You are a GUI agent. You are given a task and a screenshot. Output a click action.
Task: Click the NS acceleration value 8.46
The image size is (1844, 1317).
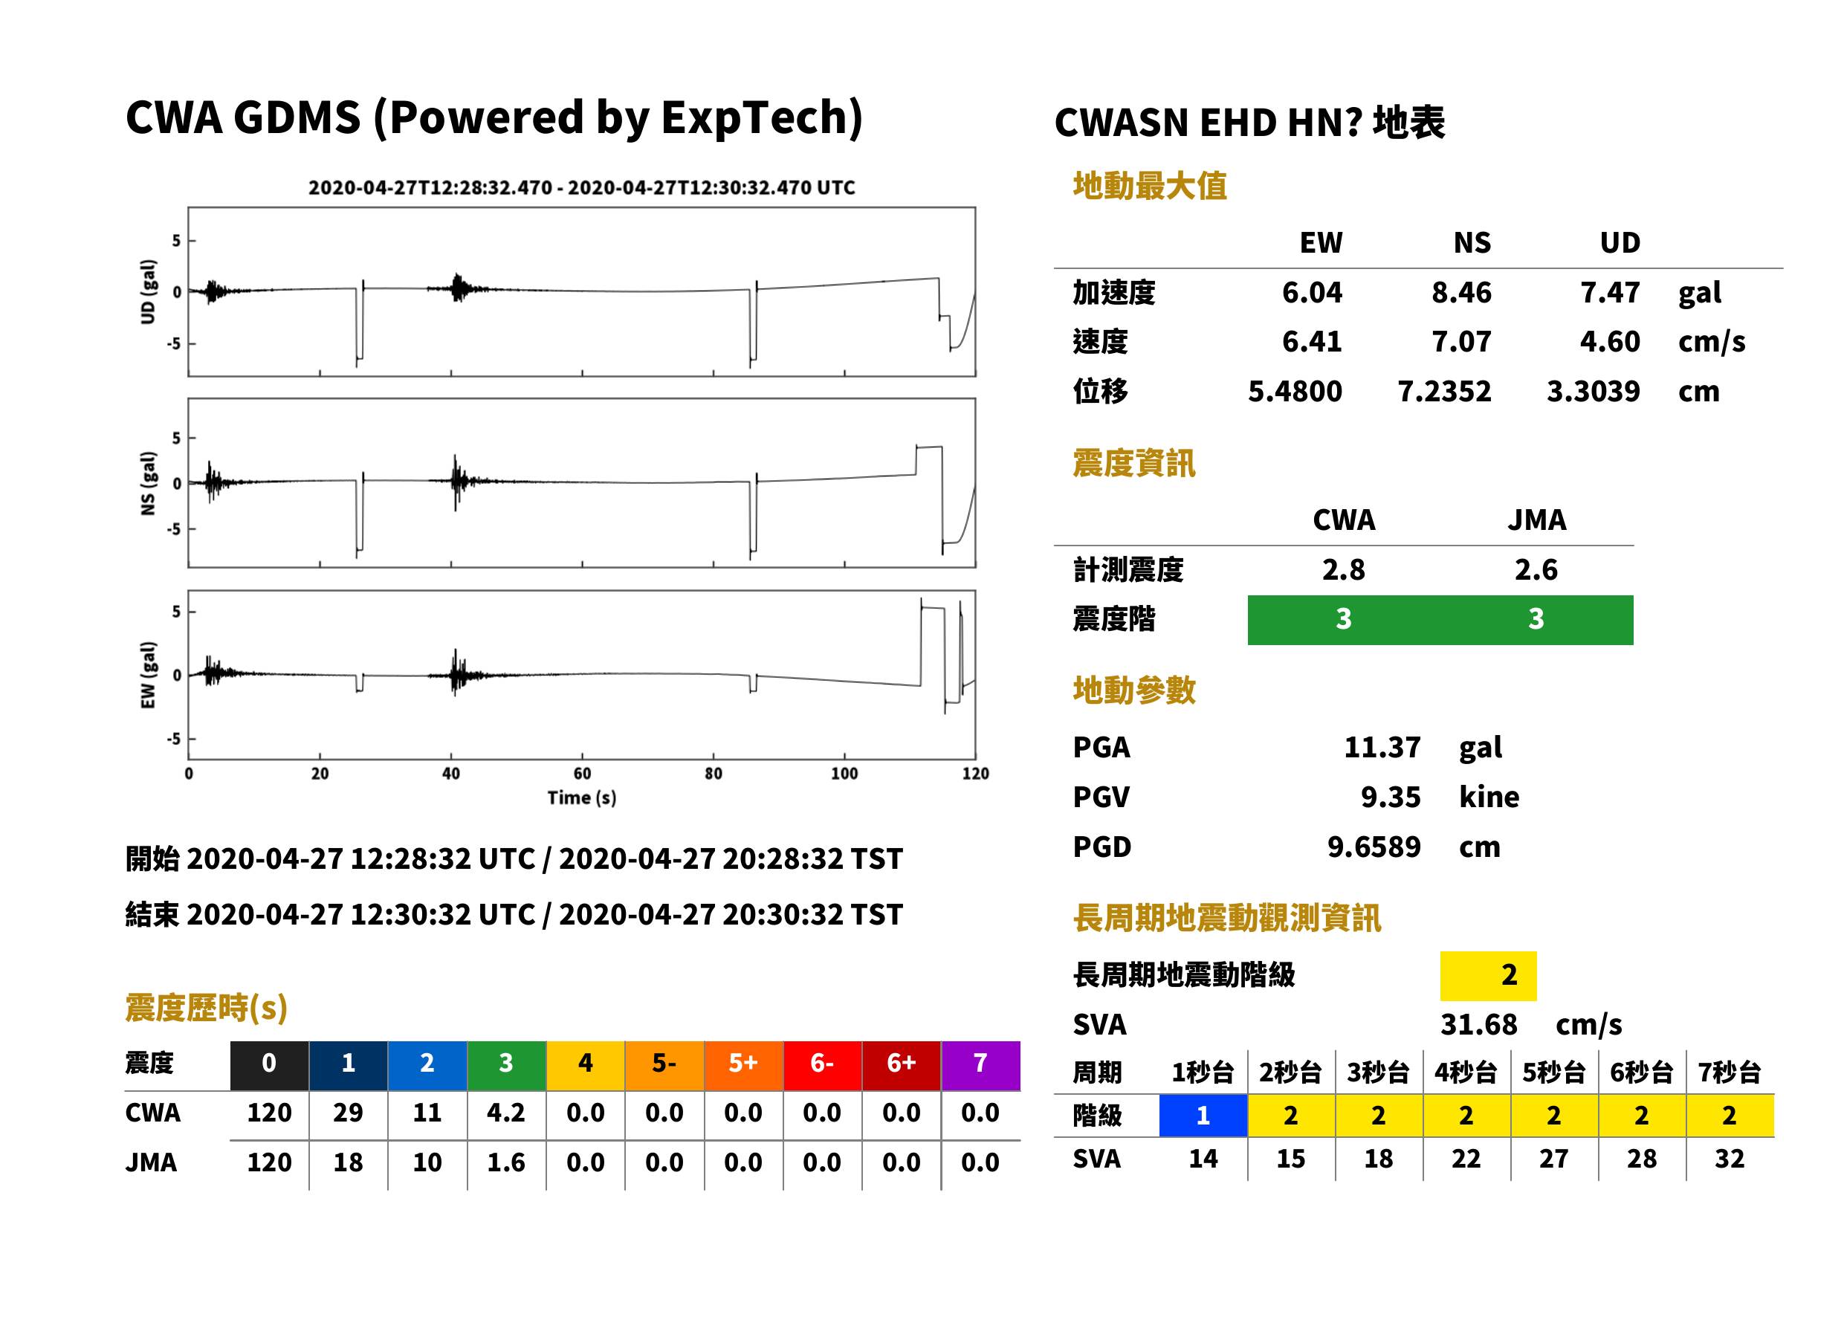1460,292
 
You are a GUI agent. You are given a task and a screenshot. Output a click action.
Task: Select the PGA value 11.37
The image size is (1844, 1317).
1382,747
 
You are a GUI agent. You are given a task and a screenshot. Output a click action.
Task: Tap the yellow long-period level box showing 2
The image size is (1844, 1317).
1488,976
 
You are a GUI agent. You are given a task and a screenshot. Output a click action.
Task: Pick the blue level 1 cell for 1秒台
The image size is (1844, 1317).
1203,1115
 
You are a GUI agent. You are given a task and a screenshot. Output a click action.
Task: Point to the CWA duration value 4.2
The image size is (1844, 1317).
506,1113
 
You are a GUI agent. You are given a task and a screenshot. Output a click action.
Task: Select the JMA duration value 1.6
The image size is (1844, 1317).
506,1162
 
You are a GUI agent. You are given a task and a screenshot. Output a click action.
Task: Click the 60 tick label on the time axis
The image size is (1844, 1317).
582,774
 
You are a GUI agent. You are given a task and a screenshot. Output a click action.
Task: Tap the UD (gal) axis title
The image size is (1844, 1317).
148,292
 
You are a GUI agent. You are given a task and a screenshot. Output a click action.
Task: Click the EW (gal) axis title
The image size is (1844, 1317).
148,675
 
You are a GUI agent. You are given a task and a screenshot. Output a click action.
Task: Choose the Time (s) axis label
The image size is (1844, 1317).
581,798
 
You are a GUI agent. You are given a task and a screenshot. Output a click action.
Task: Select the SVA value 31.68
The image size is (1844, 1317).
1478,1024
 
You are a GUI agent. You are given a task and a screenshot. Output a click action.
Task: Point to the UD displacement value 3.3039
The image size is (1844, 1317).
1594,391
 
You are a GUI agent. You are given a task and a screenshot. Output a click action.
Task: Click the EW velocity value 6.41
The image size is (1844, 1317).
1312,341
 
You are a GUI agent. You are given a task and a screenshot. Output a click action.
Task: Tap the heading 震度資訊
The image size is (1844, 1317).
1133,463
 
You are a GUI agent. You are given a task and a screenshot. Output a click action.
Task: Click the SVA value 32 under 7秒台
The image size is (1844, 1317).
1730,1158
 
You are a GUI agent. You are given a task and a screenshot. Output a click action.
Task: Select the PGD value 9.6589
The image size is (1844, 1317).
1374,847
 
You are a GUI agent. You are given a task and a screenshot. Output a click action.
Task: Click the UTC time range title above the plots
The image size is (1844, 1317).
581,187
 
